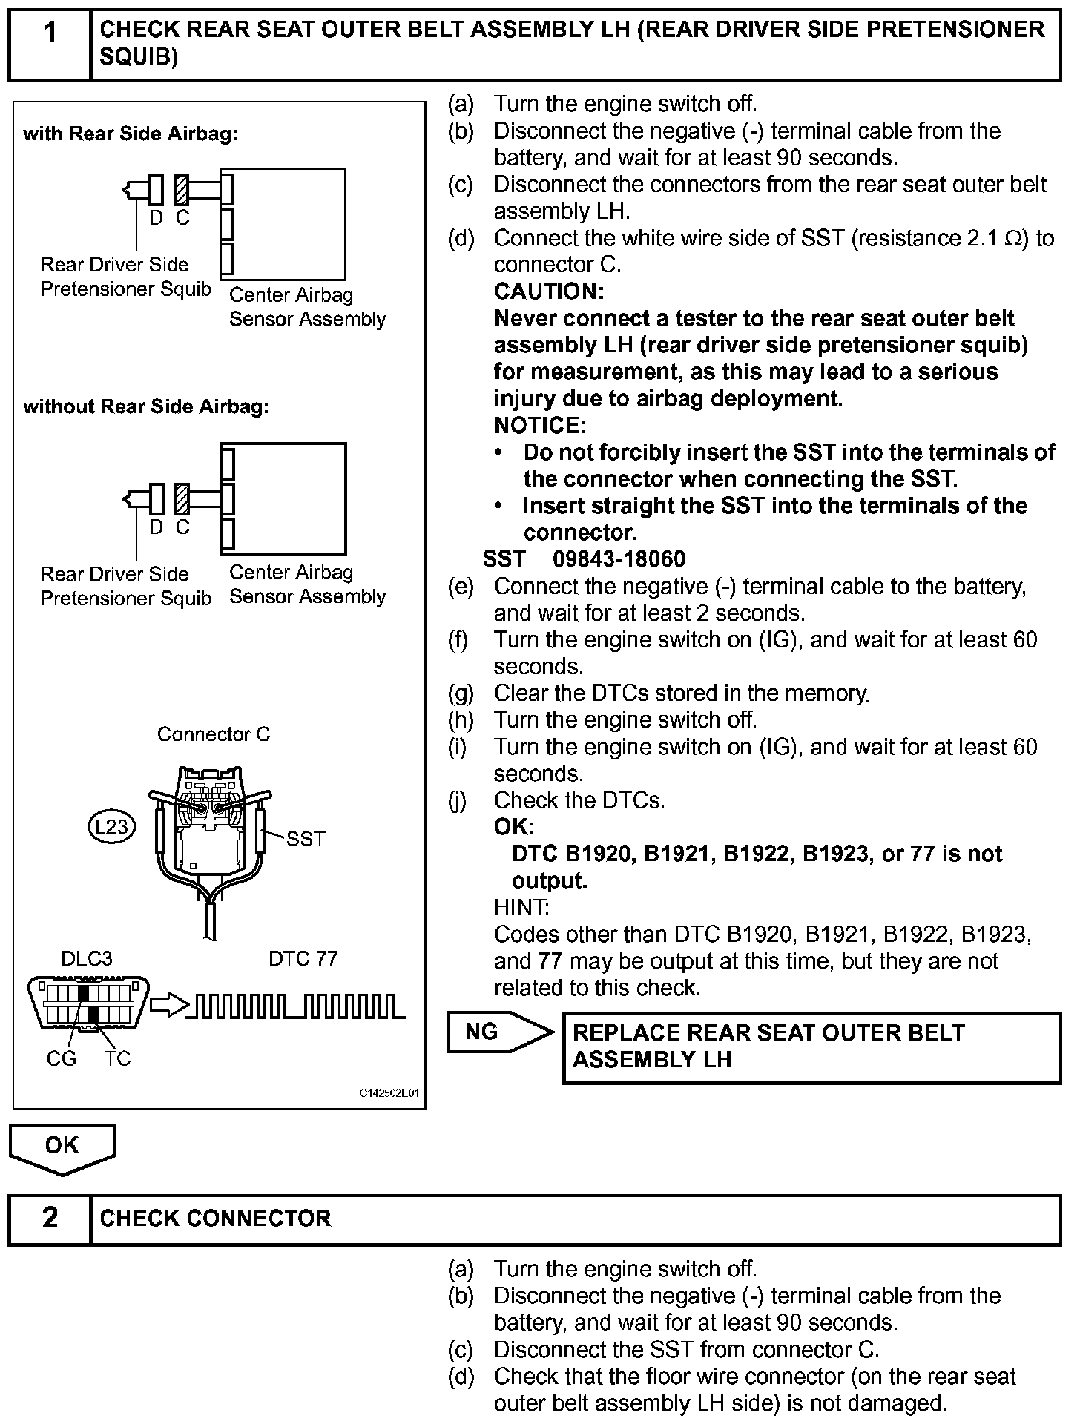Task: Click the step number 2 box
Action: pyautogui.click(x=50, y=1218)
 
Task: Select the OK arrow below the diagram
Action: pyautogui.click(x=62, y=1147)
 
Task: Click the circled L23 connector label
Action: pyautogui.click(x=111, y=826)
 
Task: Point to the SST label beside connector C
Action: pyautogui.click(x=306, y=839)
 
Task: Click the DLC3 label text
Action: pyautogui.click(x=87, y=958)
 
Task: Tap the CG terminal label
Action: pyautogui.click(x=62, y=1058)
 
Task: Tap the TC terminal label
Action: pyautogui.click(x=117, y=1058)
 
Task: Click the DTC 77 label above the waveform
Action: pyautogui.click(x=303, y=958)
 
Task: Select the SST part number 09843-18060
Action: pyautogui.click(x=619, y=559)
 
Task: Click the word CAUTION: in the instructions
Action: pyautogui.click(x=549, y=291)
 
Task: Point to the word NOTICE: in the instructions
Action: pyautogui.click(x=540, y=426)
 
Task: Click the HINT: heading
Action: pyautogui.click(x=521, y=907)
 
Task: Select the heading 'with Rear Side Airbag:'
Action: pyautogui.click(x=131, y=134)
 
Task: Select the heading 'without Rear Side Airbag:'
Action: pyautogui.click(x=146, y=406)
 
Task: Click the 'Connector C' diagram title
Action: pyautogui.click(x=214, y=734)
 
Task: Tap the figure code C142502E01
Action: pyautogui.click(x=389, y=1094)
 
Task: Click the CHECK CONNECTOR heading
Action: pyautogui.click(x=215, y=1219)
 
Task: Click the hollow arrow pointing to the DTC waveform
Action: pyautogui.click(x=168, y=1006)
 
